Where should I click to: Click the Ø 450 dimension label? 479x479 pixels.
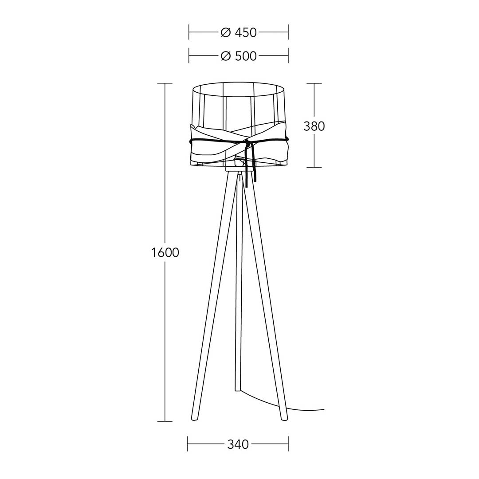point(239,32)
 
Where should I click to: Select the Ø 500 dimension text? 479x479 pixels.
point(239,56)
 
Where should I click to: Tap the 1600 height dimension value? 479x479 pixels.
point(165,253)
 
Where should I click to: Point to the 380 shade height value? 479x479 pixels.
point(314,126)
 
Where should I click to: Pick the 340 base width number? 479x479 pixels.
point(238,444)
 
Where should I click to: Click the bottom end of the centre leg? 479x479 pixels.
point(238,390)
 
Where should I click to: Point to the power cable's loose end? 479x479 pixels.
point(323,409)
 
